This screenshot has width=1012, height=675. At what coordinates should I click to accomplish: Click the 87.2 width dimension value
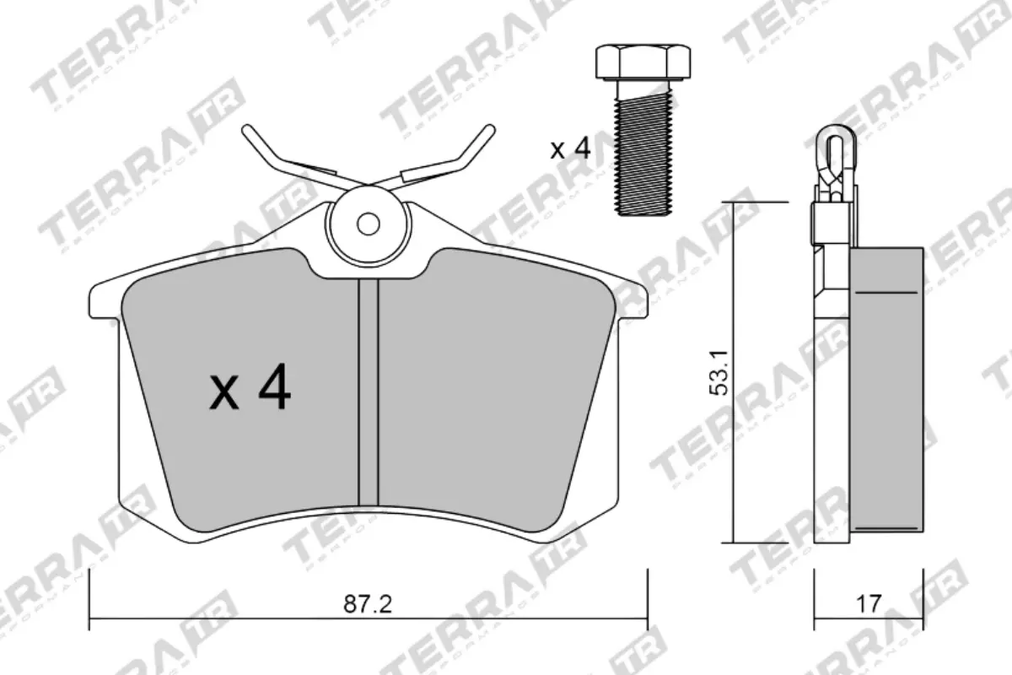tap(369, 604)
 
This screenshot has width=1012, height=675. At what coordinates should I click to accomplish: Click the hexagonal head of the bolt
tap(643, 61)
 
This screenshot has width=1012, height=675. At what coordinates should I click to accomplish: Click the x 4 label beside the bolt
tap(570, 149)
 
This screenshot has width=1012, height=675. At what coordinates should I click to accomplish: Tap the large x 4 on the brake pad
tap(250, 389)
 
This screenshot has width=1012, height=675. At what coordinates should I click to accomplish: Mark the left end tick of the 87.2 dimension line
tap(89, 598)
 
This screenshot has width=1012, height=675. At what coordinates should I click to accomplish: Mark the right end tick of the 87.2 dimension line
tap(647, 598)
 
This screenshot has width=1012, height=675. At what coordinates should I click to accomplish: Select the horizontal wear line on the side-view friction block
tap(885, 292)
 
